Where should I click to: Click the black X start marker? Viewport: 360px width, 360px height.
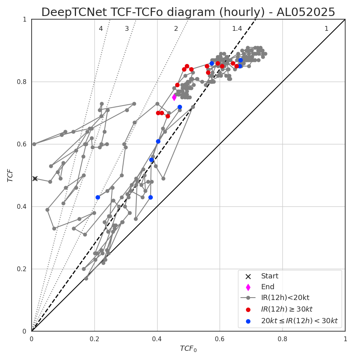(x=35, y=178)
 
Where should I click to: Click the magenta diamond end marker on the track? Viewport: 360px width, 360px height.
(x=174, y=97)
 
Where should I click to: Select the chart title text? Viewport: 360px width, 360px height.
(x=188, y=12)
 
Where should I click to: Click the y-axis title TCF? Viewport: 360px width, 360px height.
(x=10, y=175)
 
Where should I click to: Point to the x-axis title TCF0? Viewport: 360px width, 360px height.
(x=188, y=349)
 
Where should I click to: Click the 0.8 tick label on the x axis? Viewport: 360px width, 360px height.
(x=282, y=339)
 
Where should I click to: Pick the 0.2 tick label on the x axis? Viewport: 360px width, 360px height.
(x=94, y=339)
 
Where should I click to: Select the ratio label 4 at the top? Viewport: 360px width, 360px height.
(x=101, y=29)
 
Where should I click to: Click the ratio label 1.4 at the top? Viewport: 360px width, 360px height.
(x=237, y=29)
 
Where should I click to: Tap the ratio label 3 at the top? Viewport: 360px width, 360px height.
(x=127, y=29)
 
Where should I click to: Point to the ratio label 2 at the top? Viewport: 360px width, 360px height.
(x=176, y=29)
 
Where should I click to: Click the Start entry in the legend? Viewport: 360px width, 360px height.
(x=270, y=276)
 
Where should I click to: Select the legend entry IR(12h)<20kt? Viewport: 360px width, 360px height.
(x=285, y=298)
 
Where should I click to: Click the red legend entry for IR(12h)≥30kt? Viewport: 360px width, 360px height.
(x=286, y=309)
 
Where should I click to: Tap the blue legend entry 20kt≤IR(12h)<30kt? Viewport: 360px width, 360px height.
(x=299, y=320)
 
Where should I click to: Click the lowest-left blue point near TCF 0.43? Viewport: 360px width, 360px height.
(x=98, y=197)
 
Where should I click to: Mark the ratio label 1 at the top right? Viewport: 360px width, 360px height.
(x=326, y=29)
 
